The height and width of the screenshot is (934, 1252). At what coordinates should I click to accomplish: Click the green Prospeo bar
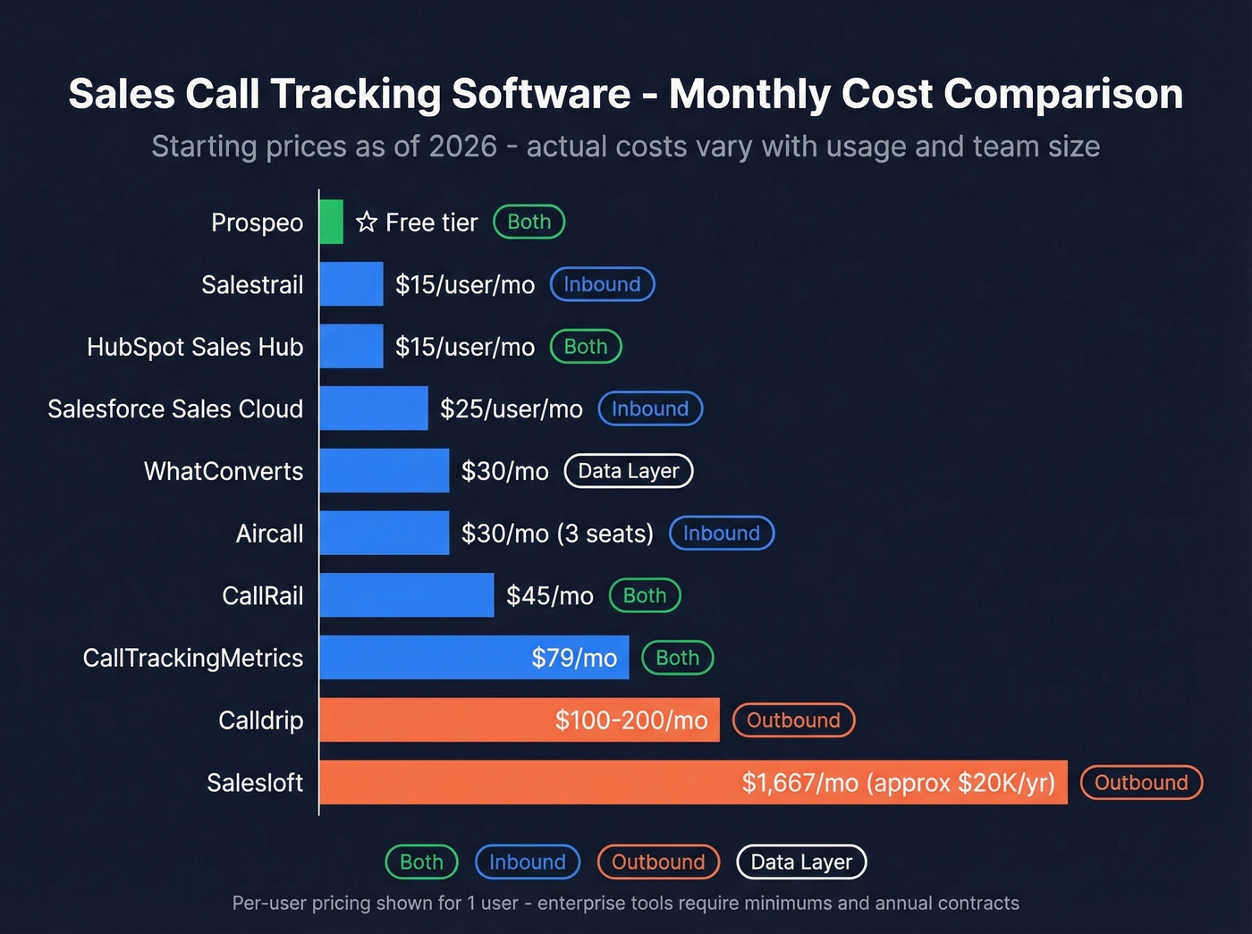coord(332,222)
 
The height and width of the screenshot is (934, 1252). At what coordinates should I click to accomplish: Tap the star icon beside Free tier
coord(366,222)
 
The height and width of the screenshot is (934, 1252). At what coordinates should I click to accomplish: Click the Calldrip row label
coord(260,720)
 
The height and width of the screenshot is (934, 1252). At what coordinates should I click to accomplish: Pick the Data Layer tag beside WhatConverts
coord(628,471)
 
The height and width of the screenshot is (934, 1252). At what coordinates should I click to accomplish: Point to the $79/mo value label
coord(574,658)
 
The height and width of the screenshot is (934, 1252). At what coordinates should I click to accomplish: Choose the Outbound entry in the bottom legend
coord(658,862)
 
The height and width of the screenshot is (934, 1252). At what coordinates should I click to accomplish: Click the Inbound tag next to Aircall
coord(721,534)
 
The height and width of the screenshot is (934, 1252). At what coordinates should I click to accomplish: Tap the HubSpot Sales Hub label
coord(195,347)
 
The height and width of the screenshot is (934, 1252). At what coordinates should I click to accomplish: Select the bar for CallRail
coord(406,595)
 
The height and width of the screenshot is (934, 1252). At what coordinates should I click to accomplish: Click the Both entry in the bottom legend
coord(421,862)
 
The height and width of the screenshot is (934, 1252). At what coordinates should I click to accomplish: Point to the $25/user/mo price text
coord(511,409)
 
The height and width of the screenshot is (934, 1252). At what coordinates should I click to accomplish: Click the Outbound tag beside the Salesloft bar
coord(1141,783)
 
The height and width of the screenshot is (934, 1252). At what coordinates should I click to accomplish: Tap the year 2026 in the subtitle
coord(462,147)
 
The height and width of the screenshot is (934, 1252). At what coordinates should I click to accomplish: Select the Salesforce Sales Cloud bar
coord(374,408)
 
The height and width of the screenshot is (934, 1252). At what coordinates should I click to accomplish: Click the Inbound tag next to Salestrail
coord(602,284)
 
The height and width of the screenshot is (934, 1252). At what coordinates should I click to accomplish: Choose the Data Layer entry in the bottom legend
coord(801,862)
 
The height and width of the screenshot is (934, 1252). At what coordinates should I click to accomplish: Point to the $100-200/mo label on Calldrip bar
coord(630,720)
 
